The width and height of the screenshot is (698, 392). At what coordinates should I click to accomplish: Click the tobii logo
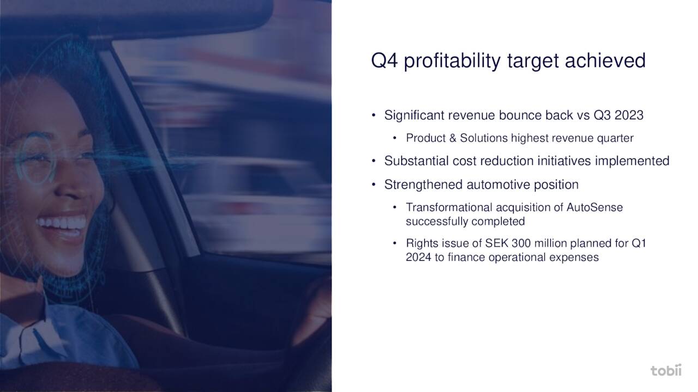[x=666, y=370]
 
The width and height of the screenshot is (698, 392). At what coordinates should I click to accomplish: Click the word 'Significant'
[x=414, y=115]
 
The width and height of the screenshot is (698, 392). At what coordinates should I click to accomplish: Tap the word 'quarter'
[x=615, y=138]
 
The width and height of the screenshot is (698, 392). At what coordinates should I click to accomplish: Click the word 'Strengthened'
[x=424, y=185]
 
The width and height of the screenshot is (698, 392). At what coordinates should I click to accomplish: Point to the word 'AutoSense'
[x=594, y=207]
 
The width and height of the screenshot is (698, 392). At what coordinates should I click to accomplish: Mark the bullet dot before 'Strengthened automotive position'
[x=374, y=185]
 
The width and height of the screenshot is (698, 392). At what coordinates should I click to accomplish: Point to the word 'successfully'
[x=437, y=222]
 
